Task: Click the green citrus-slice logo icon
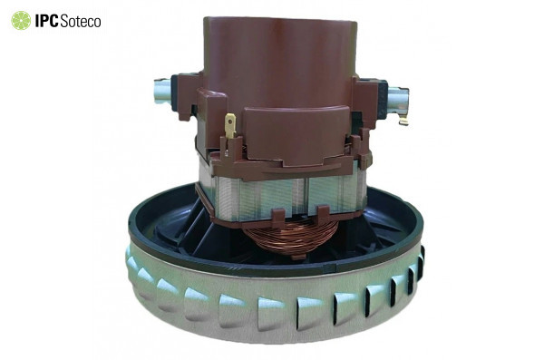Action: click(x=21, y=21)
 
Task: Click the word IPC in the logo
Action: click(x=47, y=21)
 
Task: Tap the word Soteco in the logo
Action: click(x=81, y=21)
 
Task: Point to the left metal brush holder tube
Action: click(x=162, y=91)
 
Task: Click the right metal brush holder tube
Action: click(x=398, y=100)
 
